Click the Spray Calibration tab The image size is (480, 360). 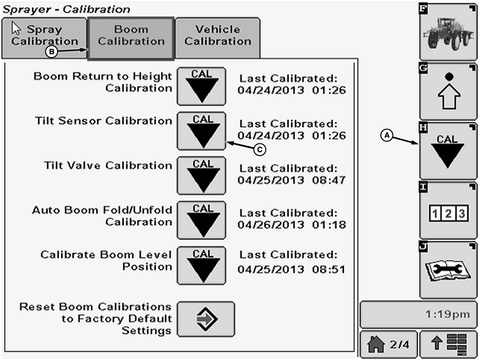pyautogui.click(x=44, y=36)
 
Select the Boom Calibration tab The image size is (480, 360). pyautogui.click(x=131, y=35)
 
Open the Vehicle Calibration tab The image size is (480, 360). pyautogui.click(x=218, y=35)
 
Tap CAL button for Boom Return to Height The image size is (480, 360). pyautogui.click(x=201, y=86)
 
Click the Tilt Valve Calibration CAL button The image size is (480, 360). pyautogui.click(x=201, y=176)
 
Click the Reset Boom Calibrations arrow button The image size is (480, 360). pyautogui.click(x=205, y=320)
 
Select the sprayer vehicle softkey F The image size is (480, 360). pyautogui.click(x=448, y=32)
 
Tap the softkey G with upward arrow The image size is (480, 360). pyautogui.click(x=448, y=91)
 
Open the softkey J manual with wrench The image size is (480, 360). pyautogui.click(x=448, y=270)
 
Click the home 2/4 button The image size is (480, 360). pyautogui.click(x=388, y=344)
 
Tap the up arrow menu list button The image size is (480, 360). pyautogui.click(x=448, y=344)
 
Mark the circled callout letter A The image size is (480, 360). pyautogui.click(x=388, y=135)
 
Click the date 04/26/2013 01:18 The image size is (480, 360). pyautogui.click(x=291, y=225)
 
